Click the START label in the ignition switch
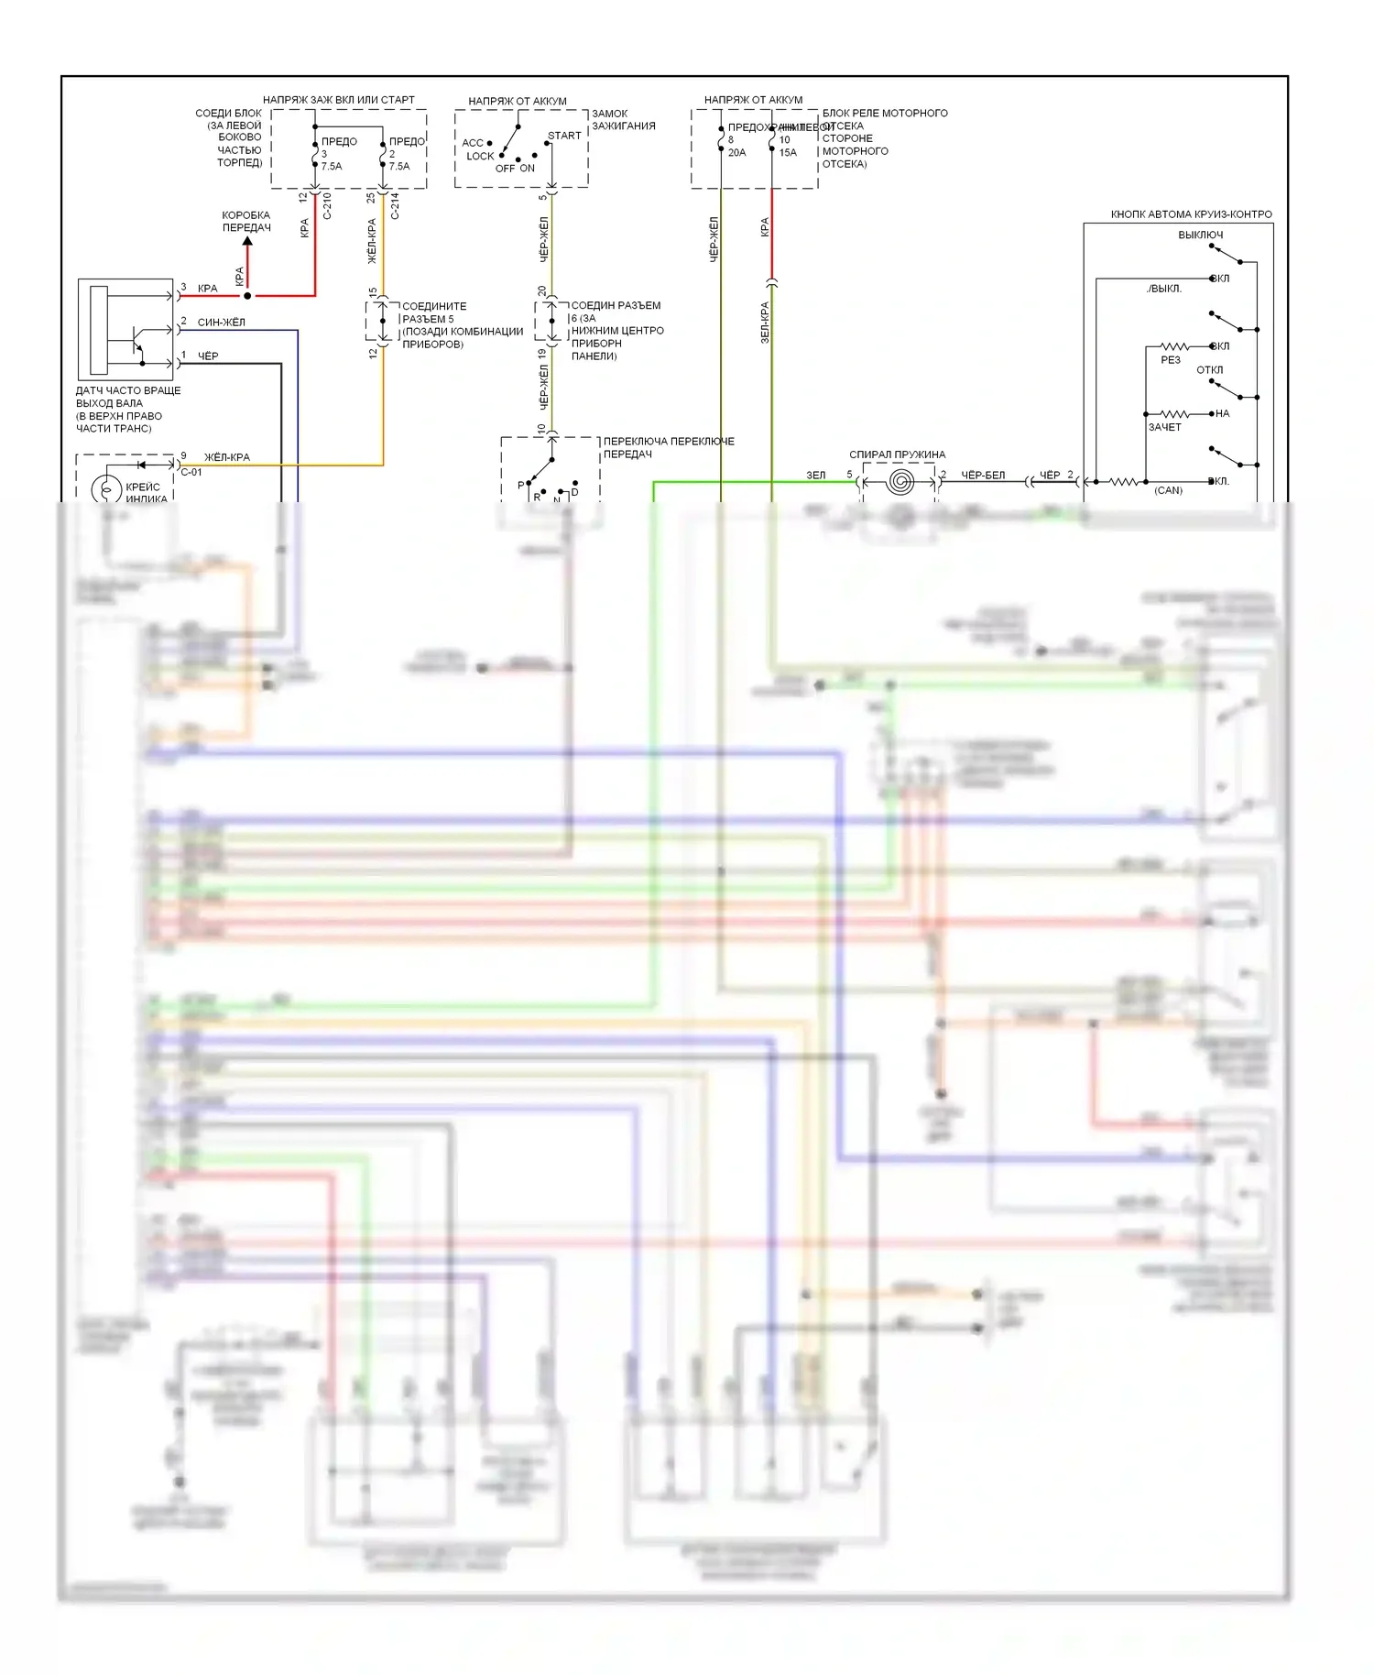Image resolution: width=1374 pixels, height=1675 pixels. click(x=564, y=136)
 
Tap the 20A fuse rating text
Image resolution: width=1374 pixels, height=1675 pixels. click(x=736, y=153)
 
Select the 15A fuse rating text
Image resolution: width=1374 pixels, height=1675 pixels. click(x=788, y=153)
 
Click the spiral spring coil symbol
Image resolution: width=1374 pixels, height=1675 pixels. click(x=900, y=482)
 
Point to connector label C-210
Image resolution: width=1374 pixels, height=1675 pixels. click(x=327, y=206)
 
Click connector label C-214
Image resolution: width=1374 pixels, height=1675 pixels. click(x=395, y=206)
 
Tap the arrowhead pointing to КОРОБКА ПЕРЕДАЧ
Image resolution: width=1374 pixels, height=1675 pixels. click(x=247, y=241)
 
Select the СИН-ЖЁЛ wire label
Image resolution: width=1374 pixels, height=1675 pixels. click(x=222, y=323)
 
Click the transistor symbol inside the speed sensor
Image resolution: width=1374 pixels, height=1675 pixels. click(x=136, y=342)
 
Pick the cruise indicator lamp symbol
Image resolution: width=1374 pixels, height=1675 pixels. click(x=107, y=490)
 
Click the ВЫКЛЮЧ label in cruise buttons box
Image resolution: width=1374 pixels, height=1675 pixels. click(x=1200, y=235)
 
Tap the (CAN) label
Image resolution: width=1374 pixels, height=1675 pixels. click(x=1168, y=491)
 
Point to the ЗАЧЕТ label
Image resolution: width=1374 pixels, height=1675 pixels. click(x=1164, y=427)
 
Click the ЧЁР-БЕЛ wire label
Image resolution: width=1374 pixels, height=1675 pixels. click(x=983, y=476)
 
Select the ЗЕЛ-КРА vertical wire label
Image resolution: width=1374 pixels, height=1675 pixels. click(x=765, y=323)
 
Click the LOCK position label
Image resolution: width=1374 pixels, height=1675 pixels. click(x=480, y=157)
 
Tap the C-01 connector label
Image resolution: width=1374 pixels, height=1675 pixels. click(x=191, y=473)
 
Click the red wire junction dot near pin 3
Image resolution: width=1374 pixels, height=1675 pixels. click(x=247, y=296)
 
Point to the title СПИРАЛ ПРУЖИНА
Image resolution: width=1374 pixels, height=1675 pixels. click(x=897, y=454)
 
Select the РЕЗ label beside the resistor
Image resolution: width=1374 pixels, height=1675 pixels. click(x=1170, y=360)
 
